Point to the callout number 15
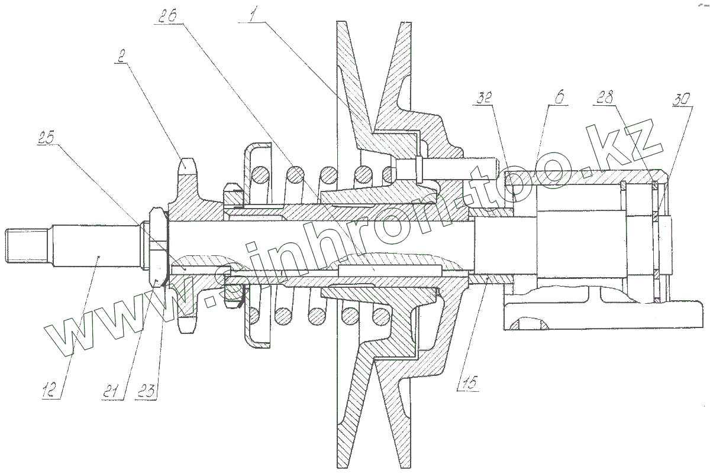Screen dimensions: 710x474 (468, 382)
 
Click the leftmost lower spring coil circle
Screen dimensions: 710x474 (260, 317)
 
